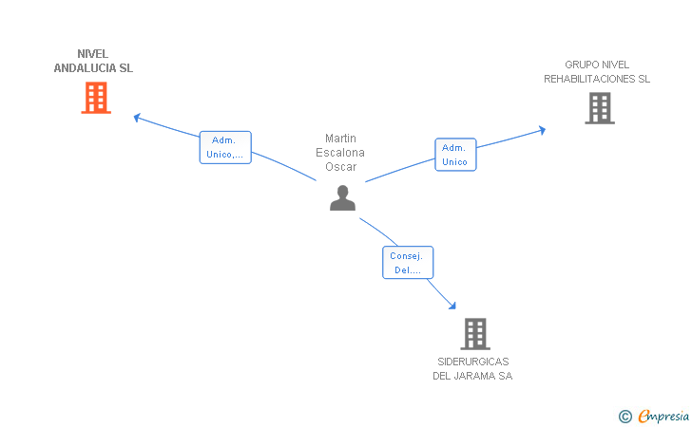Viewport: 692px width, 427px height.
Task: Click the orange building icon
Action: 96,98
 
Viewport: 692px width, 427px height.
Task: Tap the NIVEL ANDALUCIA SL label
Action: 93,61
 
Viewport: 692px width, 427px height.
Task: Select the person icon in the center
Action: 342,198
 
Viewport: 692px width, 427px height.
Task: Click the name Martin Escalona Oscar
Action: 340,153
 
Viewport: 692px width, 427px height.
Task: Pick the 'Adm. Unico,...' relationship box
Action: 225,147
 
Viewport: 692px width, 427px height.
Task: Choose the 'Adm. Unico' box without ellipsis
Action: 455,155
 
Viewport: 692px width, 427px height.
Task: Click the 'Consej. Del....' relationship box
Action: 408,263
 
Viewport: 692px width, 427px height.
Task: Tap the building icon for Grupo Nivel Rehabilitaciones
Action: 600,108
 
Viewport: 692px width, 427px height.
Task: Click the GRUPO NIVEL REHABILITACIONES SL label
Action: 597,72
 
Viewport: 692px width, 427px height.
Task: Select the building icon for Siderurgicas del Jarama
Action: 475,334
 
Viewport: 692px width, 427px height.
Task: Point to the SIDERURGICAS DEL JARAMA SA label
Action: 472,369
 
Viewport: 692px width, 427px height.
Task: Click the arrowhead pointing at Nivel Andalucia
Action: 137,118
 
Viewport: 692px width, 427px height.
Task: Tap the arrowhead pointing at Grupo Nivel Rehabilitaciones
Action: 543,130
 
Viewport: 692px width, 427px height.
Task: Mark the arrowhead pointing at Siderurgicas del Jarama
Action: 452,306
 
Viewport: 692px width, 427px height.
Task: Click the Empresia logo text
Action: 663,416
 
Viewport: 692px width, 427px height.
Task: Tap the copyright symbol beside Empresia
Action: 625,417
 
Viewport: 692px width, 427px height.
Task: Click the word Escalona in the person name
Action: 340,153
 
